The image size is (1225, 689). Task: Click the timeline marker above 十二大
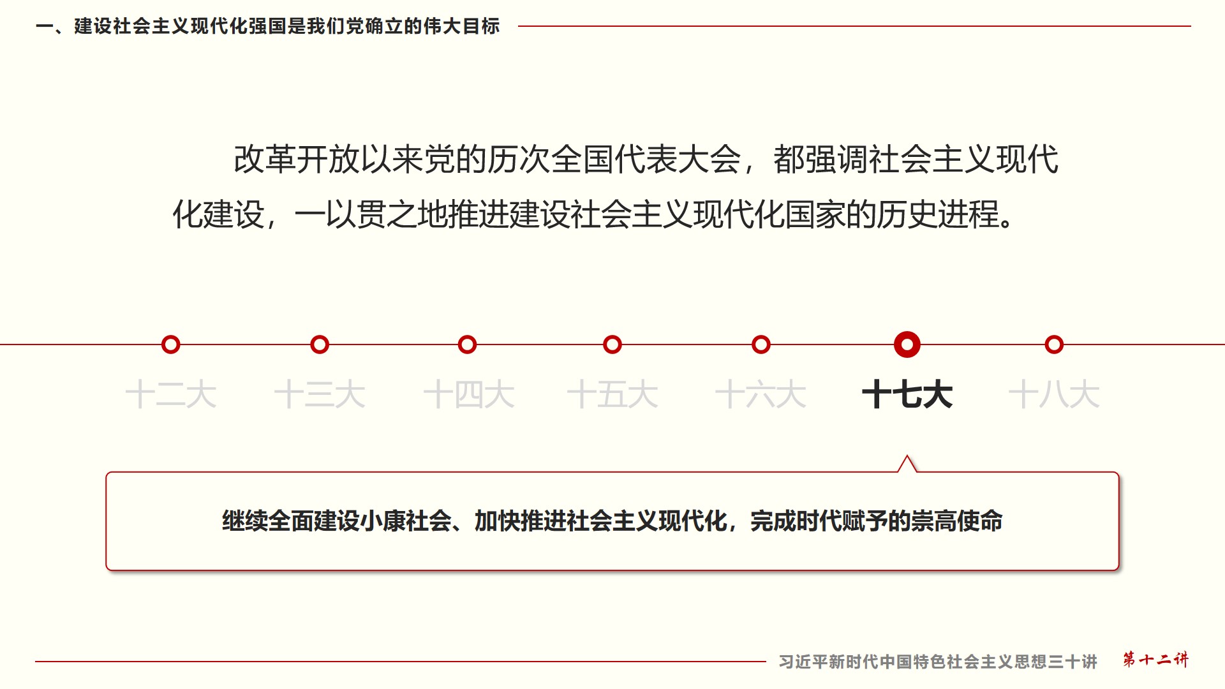(170, 344)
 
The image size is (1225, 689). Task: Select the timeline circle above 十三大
(320, 344)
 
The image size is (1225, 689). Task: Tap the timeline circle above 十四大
(468, 344)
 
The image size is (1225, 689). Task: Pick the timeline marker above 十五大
(612, 344)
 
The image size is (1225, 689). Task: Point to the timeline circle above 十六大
(761, 344)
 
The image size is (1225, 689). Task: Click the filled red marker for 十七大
(907, 344)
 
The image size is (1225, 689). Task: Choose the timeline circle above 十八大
(1054, 344)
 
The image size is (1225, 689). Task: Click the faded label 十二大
(171, 394)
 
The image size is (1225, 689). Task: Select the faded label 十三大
(320, 394)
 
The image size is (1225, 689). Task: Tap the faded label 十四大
(469, 394)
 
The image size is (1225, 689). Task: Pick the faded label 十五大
(612, 394)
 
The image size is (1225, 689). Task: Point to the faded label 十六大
(761, 394)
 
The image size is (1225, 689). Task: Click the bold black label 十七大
(907, 394)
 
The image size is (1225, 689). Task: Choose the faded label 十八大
(1054, 394)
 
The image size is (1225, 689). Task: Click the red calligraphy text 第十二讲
(1155, 660)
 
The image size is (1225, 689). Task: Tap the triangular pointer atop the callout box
(907, 464)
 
